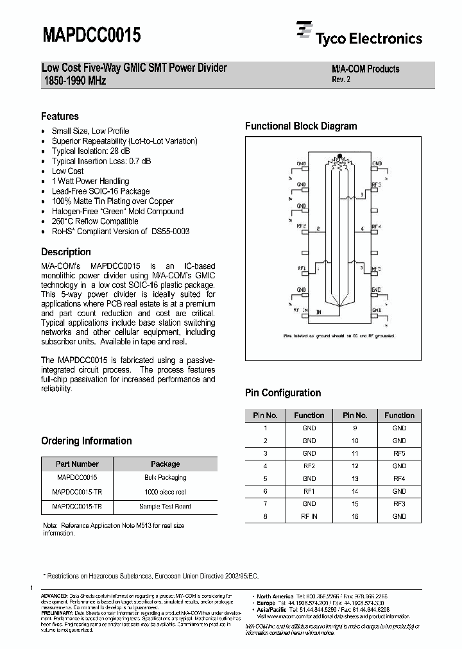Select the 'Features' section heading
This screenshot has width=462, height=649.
coord(60,117)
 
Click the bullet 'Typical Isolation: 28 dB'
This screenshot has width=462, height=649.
coord(90,151)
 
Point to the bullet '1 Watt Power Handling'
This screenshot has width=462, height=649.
coord(90,181)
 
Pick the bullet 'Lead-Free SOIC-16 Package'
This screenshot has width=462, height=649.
coord(100,191)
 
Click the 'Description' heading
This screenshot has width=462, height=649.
coord(66,252)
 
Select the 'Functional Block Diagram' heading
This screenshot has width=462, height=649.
coord(301,126)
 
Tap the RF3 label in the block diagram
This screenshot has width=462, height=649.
coord(376,185)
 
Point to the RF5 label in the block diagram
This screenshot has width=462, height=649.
coord(376,269)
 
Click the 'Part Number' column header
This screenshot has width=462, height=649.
coord(77,464)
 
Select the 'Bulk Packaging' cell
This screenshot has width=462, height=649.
coord(165,478)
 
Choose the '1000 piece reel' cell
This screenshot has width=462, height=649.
coord(165,492)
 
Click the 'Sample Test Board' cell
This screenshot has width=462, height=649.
coord(165,506)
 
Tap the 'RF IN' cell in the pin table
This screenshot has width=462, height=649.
coord(309,516)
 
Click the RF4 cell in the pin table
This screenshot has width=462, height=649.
coord(399,478)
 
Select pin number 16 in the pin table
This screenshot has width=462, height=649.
coord(355,516)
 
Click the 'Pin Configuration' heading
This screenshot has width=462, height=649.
coord(283,393)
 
